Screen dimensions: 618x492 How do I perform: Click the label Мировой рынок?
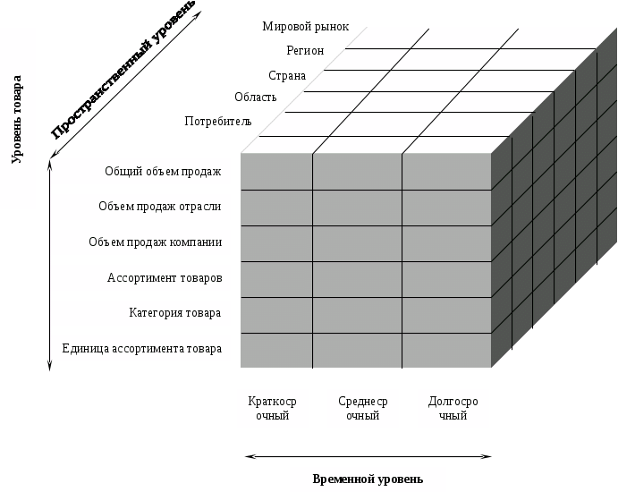click(x=306, y=27)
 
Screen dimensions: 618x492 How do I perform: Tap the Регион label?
click(x=305, y=50)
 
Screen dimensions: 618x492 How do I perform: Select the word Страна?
click(x=287, y=75)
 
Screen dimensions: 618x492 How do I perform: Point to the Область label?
click(x=256, y=97)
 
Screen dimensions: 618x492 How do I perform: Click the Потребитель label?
click(x=218, y=121)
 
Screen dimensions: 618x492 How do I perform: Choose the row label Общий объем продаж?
click(x=163, y=172)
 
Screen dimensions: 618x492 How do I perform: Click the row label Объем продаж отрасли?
click(x=159, y=206)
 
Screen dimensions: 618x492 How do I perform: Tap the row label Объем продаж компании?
click(x=155, y=242)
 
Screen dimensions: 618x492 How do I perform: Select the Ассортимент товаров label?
click(x=165, y=277)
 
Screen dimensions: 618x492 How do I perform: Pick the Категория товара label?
click(x=175, y=312)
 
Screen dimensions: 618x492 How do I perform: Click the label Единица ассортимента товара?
click(x=142, y=349)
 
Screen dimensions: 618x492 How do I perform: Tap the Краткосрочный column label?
click(x=273, y=408)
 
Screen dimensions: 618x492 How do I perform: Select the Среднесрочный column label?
click(x=362, y=408)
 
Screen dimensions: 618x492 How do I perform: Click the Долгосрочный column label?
click(x=453, y=408)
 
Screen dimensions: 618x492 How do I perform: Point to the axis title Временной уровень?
click(x=368, y=479)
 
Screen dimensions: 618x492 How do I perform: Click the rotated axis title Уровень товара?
click(x=17, y=120)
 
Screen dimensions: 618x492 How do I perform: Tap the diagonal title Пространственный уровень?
click(x=123, y=70)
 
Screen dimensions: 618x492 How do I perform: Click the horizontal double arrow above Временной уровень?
click(x=368, y=456)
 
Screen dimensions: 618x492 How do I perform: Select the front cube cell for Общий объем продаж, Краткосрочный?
click(x=276, y=172)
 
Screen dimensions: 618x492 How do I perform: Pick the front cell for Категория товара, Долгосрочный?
click(x=446, y=315)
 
